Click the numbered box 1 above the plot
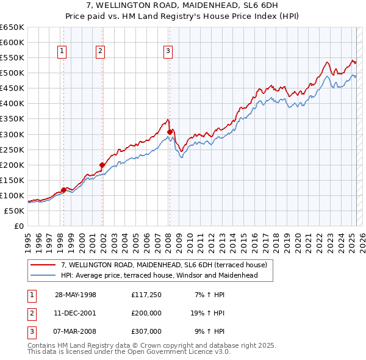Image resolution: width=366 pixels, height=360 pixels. (63, 52)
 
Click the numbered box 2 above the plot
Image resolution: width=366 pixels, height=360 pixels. (100, 52)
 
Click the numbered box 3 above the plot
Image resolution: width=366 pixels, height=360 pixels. (168, 52)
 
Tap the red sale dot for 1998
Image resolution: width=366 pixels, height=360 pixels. (63, 190)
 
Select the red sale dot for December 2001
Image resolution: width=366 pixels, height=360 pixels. (102, 165)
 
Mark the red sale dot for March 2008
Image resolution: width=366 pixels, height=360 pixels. (170, 131)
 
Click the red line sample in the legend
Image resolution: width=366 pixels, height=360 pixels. (44, 265)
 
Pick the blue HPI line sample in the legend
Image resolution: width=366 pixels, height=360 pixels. (44, 275)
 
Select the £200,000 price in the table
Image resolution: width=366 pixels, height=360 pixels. (146, 314)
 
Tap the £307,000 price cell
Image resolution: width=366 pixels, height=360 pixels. (146, 332)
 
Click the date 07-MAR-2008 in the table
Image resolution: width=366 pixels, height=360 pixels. (76, 332)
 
